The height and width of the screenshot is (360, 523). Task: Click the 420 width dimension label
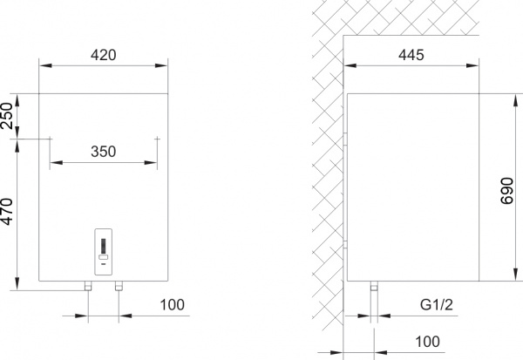click(104, 55)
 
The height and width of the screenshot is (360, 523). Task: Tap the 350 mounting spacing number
click(104, 151)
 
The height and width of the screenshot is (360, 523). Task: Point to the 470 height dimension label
click(8, 214)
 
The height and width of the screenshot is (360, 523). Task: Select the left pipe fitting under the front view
click(88, 286)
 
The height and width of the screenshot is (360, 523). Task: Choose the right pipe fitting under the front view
click(119, 286)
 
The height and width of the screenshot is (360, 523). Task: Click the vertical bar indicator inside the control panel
click(104, 245)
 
